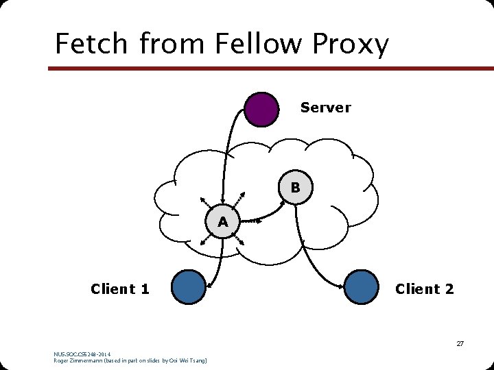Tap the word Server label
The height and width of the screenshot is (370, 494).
[325, 108]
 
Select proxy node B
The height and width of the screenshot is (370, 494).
[295, 186]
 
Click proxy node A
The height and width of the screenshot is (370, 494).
[222, 222]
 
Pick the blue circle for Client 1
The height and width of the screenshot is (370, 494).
[189, 287]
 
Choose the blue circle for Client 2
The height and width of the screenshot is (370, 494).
[361, 287]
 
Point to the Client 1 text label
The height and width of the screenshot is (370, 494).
[120, 289]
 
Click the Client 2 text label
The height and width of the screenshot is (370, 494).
[424, 289]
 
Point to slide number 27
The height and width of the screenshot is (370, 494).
[460, 343]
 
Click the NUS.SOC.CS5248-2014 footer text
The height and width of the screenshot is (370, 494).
[82, 354]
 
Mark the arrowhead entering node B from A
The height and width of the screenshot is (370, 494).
[280, 201]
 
